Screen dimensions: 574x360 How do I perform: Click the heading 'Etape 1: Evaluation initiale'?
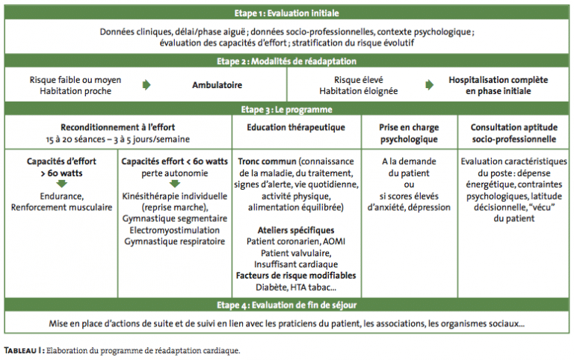pos(287,13)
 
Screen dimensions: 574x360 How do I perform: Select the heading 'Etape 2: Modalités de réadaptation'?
pos(287,61)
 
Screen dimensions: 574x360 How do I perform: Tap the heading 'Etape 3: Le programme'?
pos(287,109)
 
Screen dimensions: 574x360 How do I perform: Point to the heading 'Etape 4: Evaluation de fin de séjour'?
pos(287,305)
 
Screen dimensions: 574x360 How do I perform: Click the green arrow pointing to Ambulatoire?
pos(146,85)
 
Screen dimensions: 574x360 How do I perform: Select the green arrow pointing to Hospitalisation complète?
pos(430,85)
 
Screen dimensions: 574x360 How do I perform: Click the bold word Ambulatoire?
pos(217,85)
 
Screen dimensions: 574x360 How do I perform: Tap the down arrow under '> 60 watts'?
pos(61,183)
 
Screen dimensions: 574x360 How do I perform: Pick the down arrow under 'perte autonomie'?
pos(175,183)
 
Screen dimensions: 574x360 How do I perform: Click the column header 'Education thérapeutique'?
pos(296,127)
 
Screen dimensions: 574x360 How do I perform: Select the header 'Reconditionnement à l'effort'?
pos(118,127)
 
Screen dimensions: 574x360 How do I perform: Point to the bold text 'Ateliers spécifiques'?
pos(296,230)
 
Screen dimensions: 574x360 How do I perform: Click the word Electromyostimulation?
pos(175,230)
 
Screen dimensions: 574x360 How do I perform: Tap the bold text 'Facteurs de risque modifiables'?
pos(296,276)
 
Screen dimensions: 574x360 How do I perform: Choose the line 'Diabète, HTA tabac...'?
pos(296,288)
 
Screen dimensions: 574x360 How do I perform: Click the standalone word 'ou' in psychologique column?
pos(409,184)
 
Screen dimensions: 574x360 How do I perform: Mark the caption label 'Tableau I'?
pos(24,350)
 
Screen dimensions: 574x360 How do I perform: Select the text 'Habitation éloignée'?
pos(359,90)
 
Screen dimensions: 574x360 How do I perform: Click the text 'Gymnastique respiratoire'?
pos(175,241)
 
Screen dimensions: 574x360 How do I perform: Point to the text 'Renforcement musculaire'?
pos(61,208)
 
